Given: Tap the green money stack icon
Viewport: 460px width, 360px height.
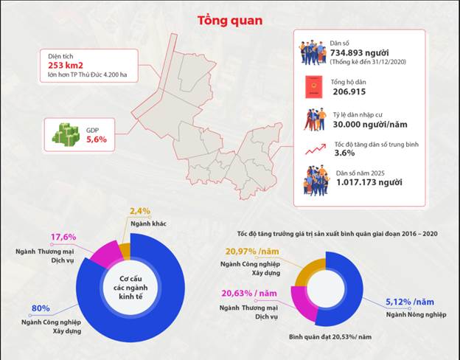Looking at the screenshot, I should [x=65, y=134].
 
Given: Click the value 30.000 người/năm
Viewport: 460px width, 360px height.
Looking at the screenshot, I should [x=367, y=125].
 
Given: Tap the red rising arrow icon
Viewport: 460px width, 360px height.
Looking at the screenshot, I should [x=315, y=149].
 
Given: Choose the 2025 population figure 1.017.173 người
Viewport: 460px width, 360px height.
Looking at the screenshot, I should [x=367, y=181].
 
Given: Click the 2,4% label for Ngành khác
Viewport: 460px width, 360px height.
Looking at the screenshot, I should [x=141, y=210].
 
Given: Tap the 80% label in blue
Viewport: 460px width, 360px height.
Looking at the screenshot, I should [x=41, y=308].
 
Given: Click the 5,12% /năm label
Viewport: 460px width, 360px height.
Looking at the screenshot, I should [x=405, y=302].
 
